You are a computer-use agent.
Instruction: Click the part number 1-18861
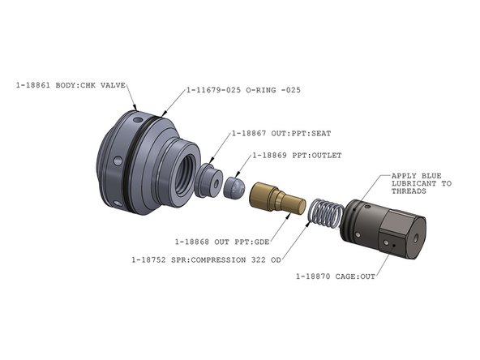click(x=33, y=84)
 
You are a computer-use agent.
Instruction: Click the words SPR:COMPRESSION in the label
click(x=213, y=260)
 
